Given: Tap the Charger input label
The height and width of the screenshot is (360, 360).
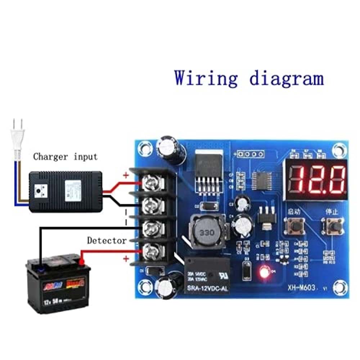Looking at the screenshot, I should click(65, 157).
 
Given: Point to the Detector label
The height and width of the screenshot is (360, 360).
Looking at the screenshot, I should click(107, 240).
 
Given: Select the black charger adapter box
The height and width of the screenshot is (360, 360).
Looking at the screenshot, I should click(66, 190).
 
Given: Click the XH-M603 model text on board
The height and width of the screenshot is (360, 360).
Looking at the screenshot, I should click(302, 288).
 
